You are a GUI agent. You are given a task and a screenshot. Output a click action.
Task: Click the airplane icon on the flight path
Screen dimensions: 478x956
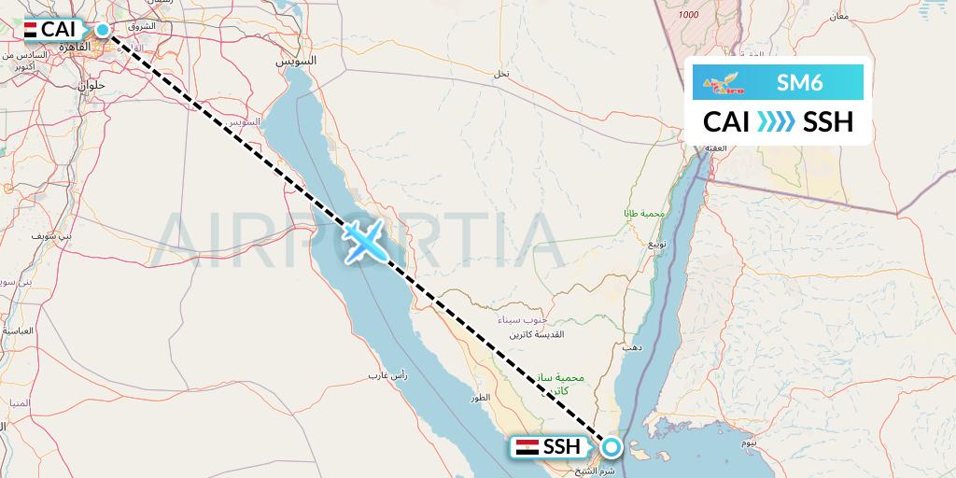pos(362,240)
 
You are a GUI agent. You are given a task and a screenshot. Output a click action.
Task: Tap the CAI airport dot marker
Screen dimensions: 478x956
pos(103,30)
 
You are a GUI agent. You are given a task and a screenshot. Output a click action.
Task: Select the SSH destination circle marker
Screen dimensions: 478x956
pos(611,447)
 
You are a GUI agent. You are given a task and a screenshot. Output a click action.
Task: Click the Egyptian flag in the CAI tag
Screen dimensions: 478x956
pos(30,30)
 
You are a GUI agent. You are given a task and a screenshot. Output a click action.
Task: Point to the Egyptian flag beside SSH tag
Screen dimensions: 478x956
pos(527,447)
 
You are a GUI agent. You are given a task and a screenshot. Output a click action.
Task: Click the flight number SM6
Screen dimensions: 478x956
pos(799,83)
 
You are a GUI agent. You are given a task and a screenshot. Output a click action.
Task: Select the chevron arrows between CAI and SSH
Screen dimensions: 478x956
pos(776,121)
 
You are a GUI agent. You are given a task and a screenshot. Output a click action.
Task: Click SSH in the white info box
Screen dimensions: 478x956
pos(828,121)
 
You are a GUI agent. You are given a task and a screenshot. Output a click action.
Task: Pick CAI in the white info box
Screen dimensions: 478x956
pos(726,121)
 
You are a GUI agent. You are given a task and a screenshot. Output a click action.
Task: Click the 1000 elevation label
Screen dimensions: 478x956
pos(689,14)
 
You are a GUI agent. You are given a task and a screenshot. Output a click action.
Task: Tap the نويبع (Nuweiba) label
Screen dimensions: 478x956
pos(658,246)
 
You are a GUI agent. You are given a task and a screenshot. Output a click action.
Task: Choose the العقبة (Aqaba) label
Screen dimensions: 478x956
pos(717,147)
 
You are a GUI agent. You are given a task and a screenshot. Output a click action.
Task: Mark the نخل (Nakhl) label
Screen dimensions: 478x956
pos(501,74)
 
